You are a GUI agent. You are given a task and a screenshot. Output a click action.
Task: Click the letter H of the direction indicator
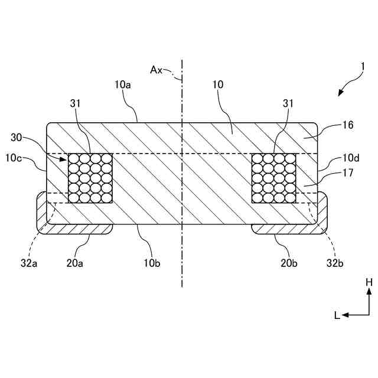pyautogui.click(x=369, y=283)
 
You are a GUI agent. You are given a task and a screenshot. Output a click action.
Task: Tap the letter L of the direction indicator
pyautogui.click(x=337, y=315)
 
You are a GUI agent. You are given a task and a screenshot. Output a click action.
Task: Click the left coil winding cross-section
pyautogui.click(x=91, y=178)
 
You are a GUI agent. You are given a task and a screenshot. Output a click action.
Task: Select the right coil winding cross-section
pyautogui.click(x=274, y=178)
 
